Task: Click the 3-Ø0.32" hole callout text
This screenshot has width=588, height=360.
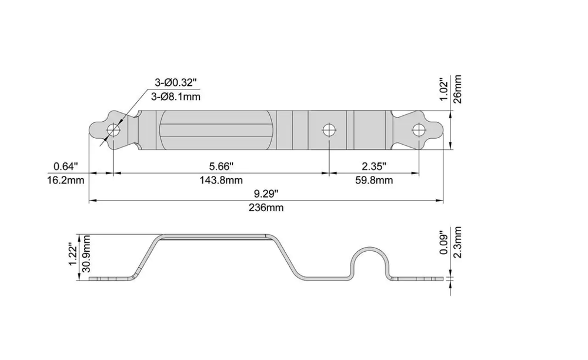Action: [x=175, y=82]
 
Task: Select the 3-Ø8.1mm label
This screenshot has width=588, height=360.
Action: [x=175, y=96]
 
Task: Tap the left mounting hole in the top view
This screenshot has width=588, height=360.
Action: [x=113, y=131]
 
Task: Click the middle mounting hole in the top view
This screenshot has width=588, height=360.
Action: [x=329, y=131]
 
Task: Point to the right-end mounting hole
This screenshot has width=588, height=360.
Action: [x=419, y=131]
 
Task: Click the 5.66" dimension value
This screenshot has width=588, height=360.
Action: [x=221, y=166]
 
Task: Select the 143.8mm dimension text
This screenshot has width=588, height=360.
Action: [x=221, y=181]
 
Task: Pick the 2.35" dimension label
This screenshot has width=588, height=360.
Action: [x=374, y=166]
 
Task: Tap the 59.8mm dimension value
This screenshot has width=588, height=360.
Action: [x=374, y=181]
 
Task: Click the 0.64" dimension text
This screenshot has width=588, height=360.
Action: [x=66, y=166]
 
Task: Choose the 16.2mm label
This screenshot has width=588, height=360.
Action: [x=66, y=181]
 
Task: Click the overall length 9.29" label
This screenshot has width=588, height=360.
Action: [x=266, y=194]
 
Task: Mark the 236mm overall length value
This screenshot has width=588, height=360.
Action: [x=266, y=208]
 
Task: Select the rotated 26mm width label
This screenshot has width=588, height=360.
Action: [x=457, y=89]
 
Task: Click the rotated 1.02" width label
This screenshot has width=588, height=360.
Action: [x=443, y=89]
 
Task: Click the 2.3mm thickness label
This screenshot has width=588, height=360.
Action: [x=457, y=242]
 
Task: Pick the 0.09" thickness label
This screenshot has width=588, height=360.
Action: [x=443, y=243]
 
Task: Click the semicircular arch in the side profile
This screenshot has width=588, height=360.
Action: [x=370, y=248]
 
